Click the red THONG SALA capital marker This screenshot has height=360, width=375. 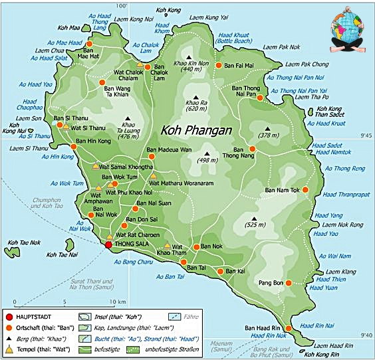(x=108, y=245)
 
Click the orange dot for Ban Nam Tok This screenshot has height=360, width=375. (x=305, y=190)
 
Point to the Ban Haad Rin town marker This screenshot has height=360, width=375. (x=288, y=328)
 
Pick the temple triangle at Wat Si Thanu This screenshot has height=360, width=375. (x=66, y=126)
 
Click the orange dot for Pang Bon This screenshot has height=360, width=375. (x=289, y=282)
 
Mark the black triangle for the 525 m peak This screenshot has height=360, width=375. (x=254, y=218)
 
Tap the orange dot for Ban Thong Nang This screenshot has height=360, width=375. (x=252, y=149)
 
